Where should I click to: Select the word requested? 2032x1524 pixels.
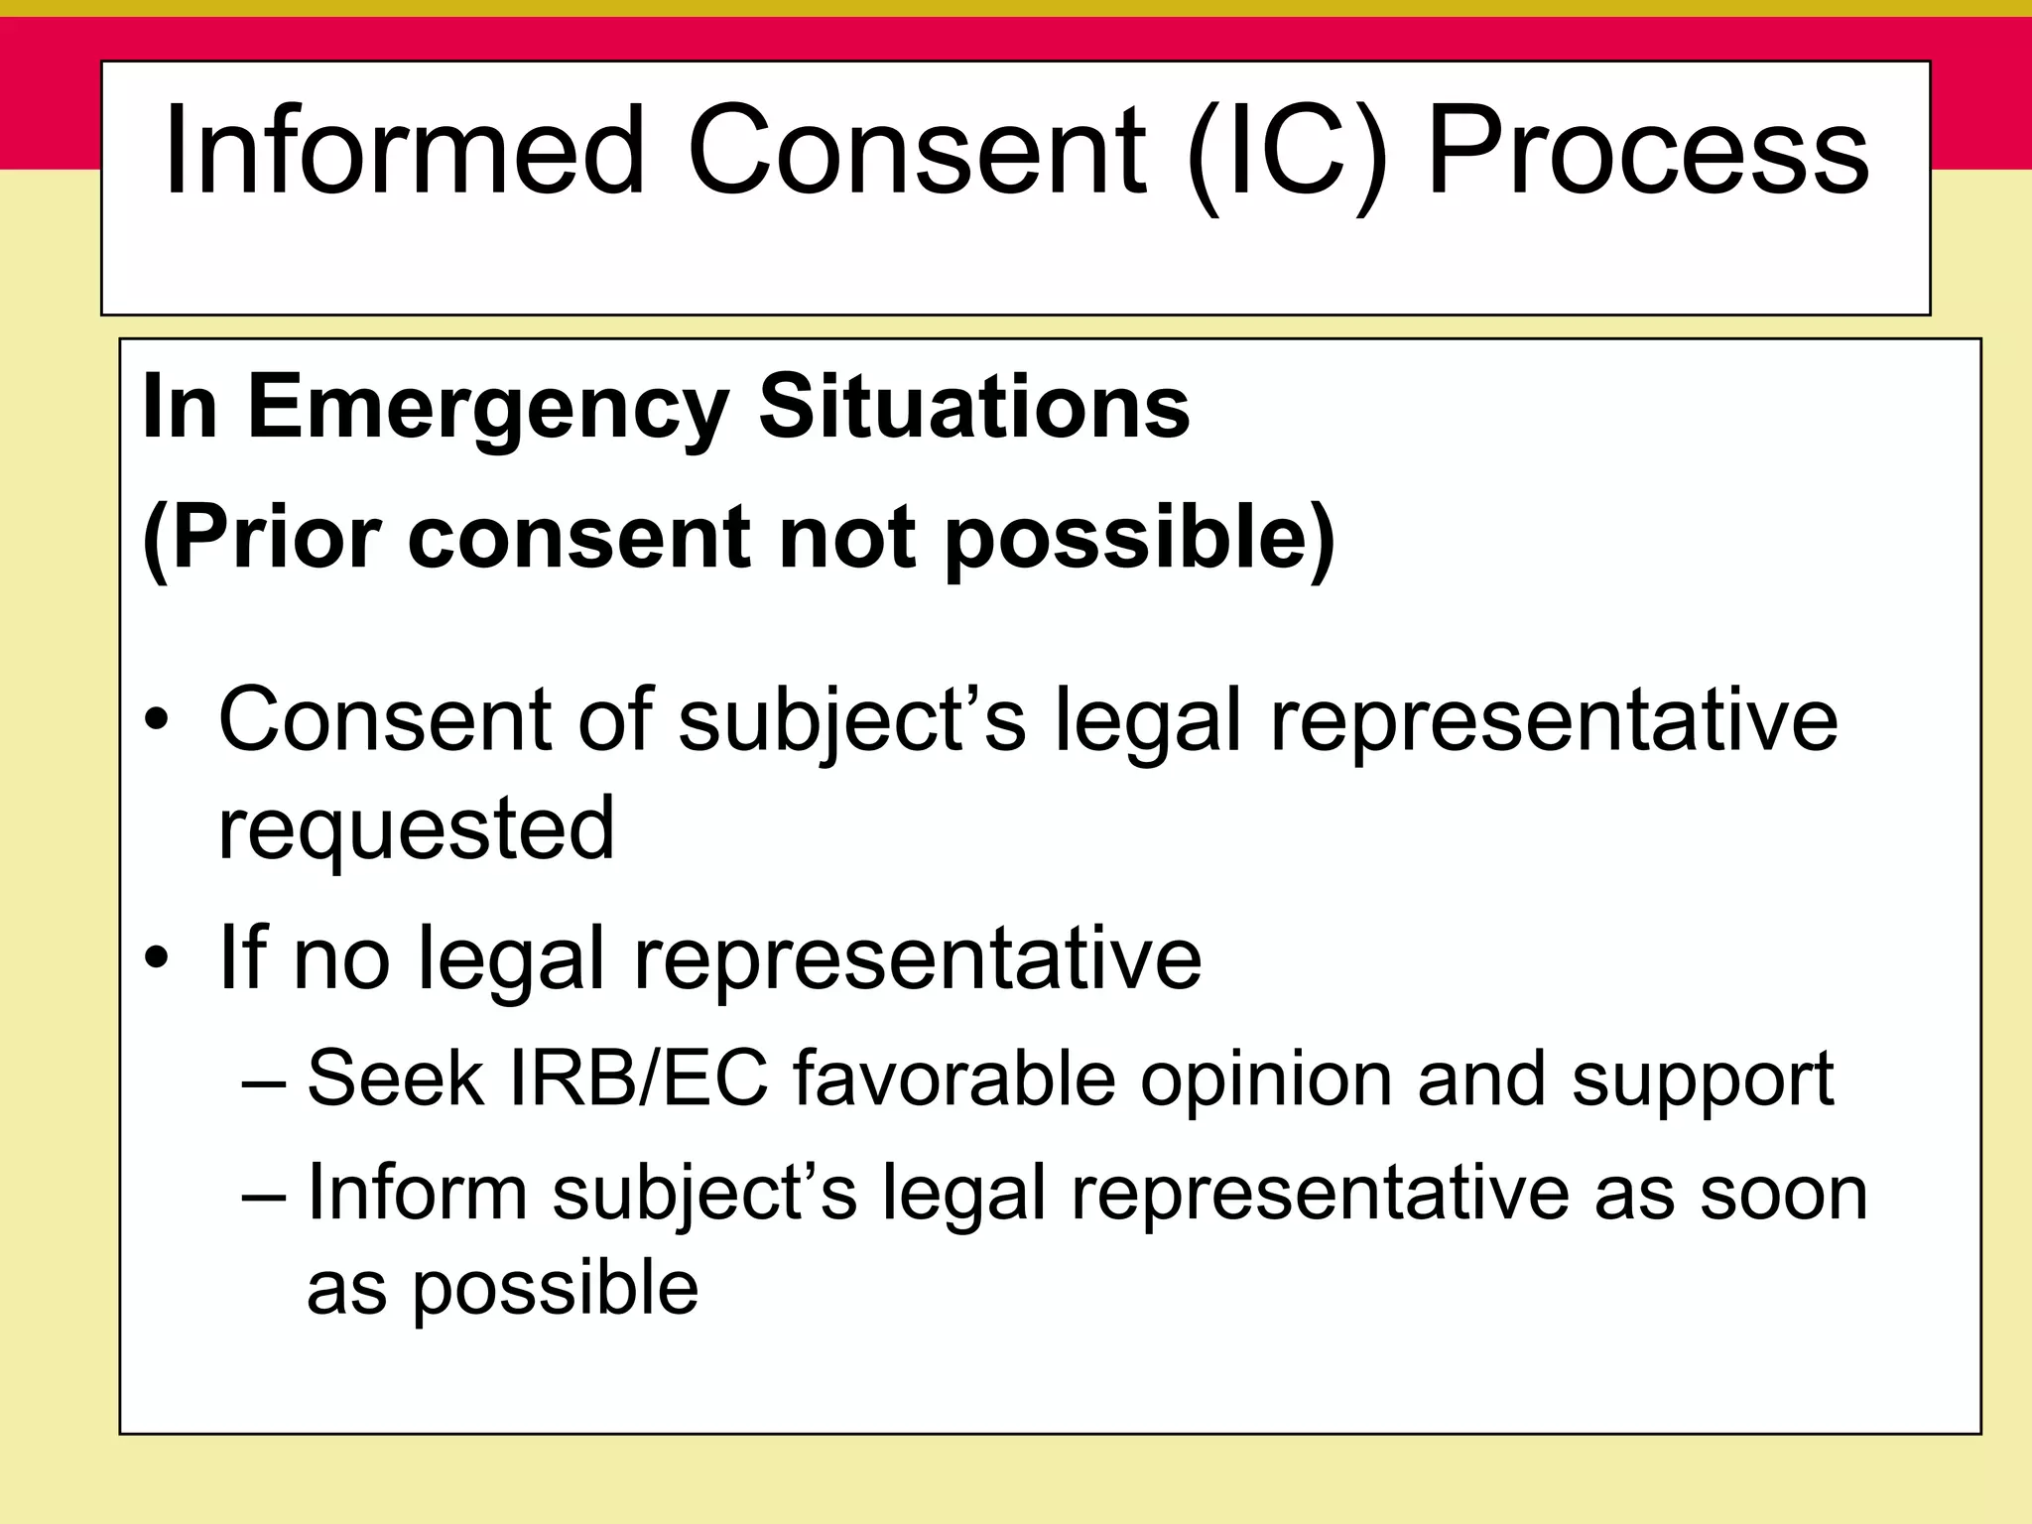tap(416, 827)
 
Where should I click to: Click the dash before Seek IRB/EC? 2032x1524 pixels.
tap(264, 1079)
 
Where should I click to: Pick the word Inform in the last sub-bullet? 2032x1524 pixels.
tap(417, 1191)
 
